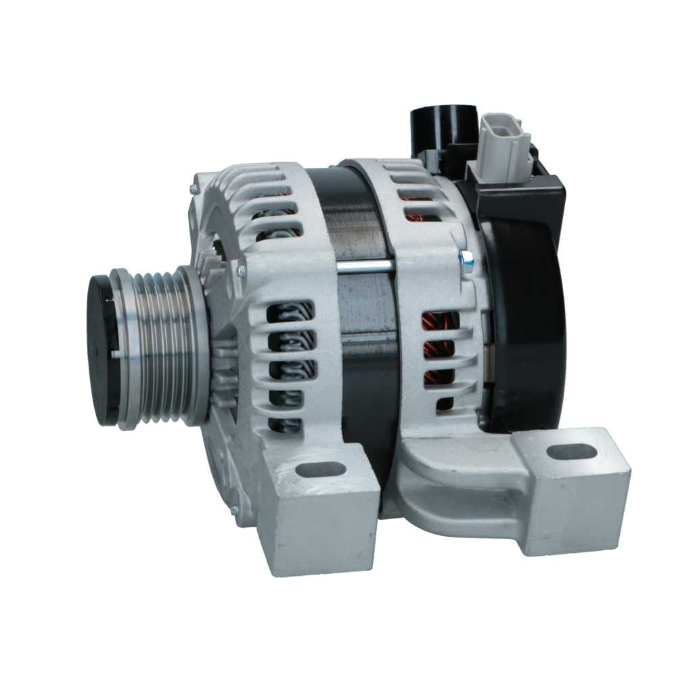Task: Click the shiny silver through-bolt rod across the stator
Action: pos(365,267)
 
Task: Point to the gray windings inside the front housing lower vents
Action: pos(291,369)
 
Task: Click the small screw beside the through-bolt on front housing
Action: pos(240,270)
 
